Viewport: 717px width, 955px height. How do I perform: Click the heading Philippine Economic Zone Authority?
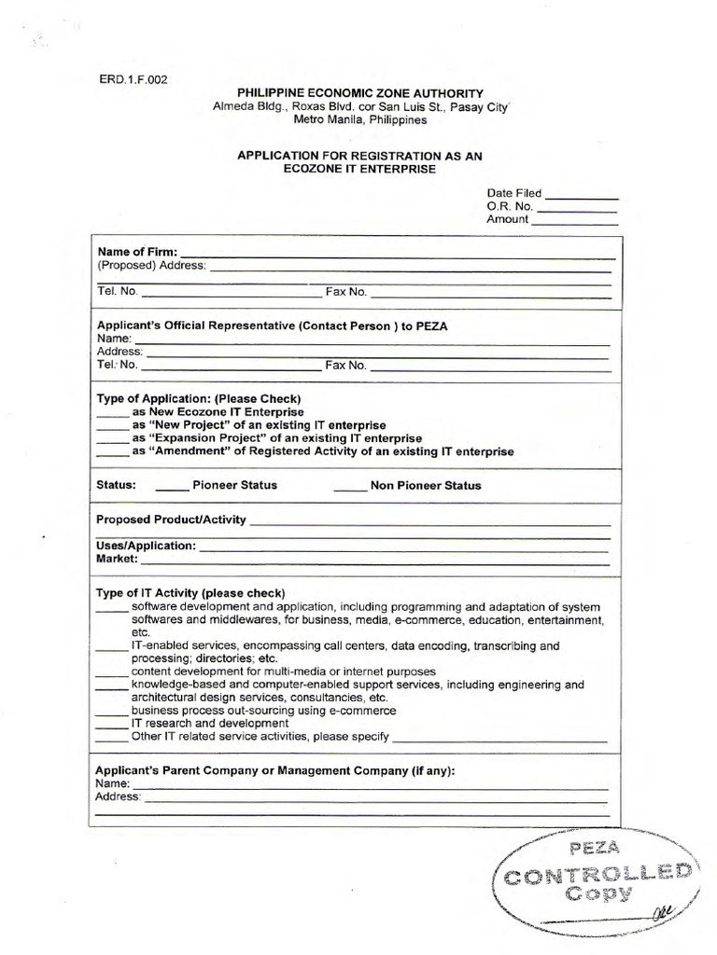(x=359, y=93)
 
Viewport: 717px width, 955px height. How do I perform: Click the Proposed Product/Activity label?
(x=171, y=519)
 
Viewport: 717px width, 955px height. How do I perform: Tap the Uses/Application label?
(x=147, y=545)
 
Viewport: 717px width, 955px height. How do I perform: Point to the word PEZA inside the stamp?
(x=595, y=849)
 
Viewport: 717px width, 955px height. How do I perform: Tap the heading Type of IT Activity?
(x=191, y=592)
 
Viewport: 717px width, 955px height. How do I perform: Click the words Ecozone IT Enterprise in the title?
(x=359, y=170)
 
